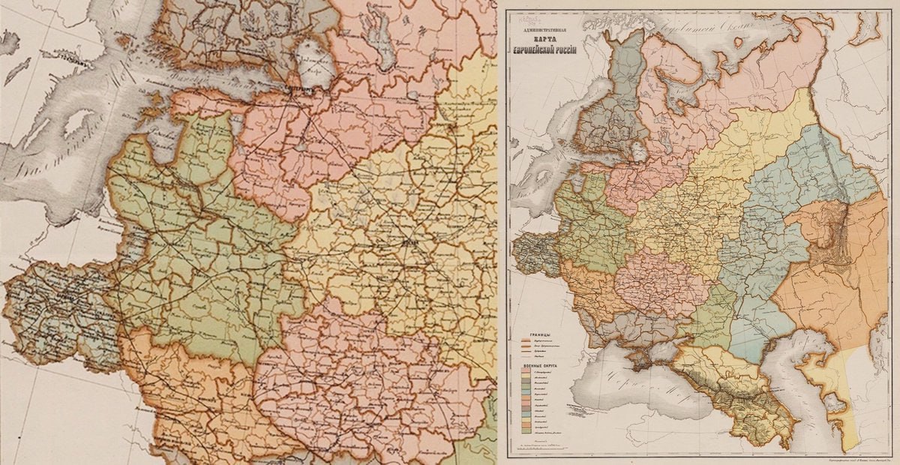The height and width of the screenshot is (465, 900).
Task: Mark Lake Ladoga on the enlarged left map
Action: [x=315, y=64]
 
